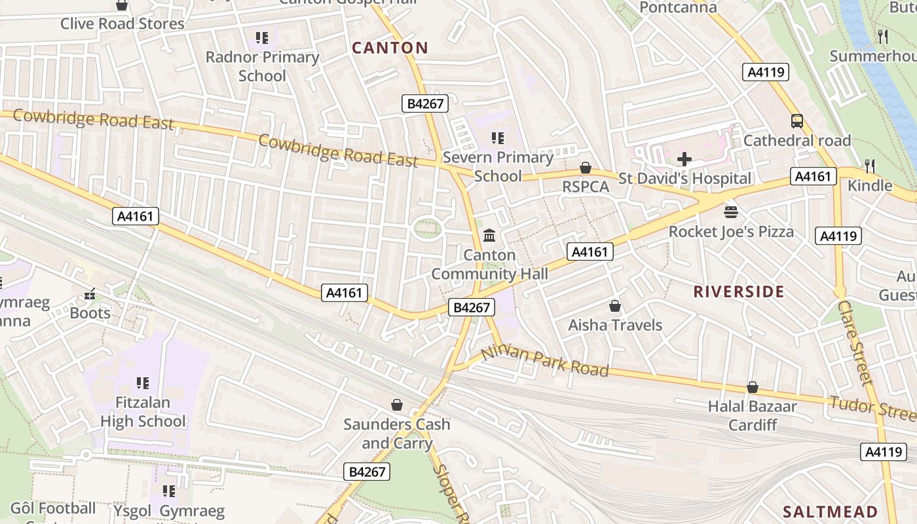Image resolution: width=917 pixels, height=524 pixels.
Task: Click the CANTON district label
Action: click(390, 48)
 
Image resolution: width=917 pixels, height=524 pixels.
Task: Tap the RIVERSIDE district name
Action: click(739, 292)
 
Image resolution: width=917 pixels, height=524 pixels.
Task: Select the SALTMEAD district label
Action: click(831, 512)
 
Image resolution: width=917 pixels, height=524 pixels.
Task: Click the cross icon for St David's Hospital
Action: click(684, 159)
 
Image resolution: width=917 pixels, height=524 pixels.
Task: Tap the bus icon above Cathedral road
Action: click(797, 121)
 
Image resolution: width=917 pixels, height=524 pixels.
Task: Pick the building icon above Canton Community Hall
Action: click(489, 235)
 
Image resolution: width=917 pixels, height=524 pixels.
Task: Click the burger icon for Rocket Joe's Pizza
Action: click(731, 212)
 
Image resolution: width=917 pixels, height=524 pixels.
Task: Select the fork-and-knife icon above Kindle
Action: click(870, 166)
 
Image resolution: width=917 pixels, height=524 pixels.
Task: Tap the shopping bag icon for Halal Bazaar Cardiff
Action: click(753, 387)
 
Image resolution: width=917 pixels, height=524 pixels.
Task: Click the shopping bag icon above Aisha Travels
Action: click(615, 306)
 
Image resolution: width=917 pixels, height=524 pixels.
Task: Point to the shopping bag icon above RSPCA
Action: click(586, 168)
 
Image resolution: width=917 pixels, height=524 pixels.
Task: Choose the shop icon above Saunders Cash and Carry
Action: click(397, 405)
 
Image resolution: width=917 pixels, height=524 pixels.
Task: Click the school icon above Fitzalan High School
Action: click(143, 383)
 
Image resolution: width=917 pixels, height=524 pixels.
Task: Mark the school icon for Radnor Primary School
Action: click(262, 38)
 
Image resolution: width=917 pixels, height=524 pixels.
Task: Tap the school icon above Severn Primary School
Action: click(498, 138)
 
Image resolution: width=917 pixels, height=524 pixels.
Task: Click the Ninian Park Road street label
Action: click(545, 362)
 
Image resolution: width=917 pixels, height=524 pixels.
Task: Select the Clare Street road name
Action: click(855, 342)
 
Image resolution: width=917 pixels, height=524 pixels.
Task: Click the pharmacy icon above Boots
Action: click(90, 294)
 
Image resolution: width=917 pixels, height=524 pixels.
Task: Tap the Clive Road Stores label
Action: click(122, 24)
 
